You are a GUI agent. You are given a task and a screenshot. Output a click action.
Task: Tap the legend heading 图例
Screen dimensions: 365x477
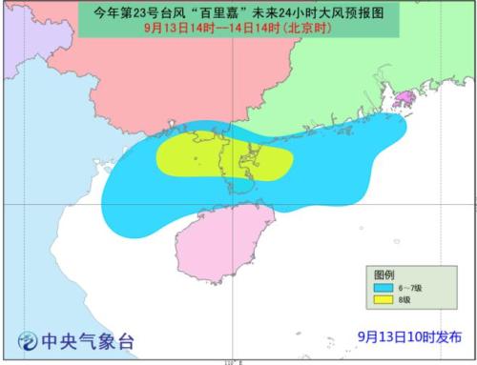tap(383, 273)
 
